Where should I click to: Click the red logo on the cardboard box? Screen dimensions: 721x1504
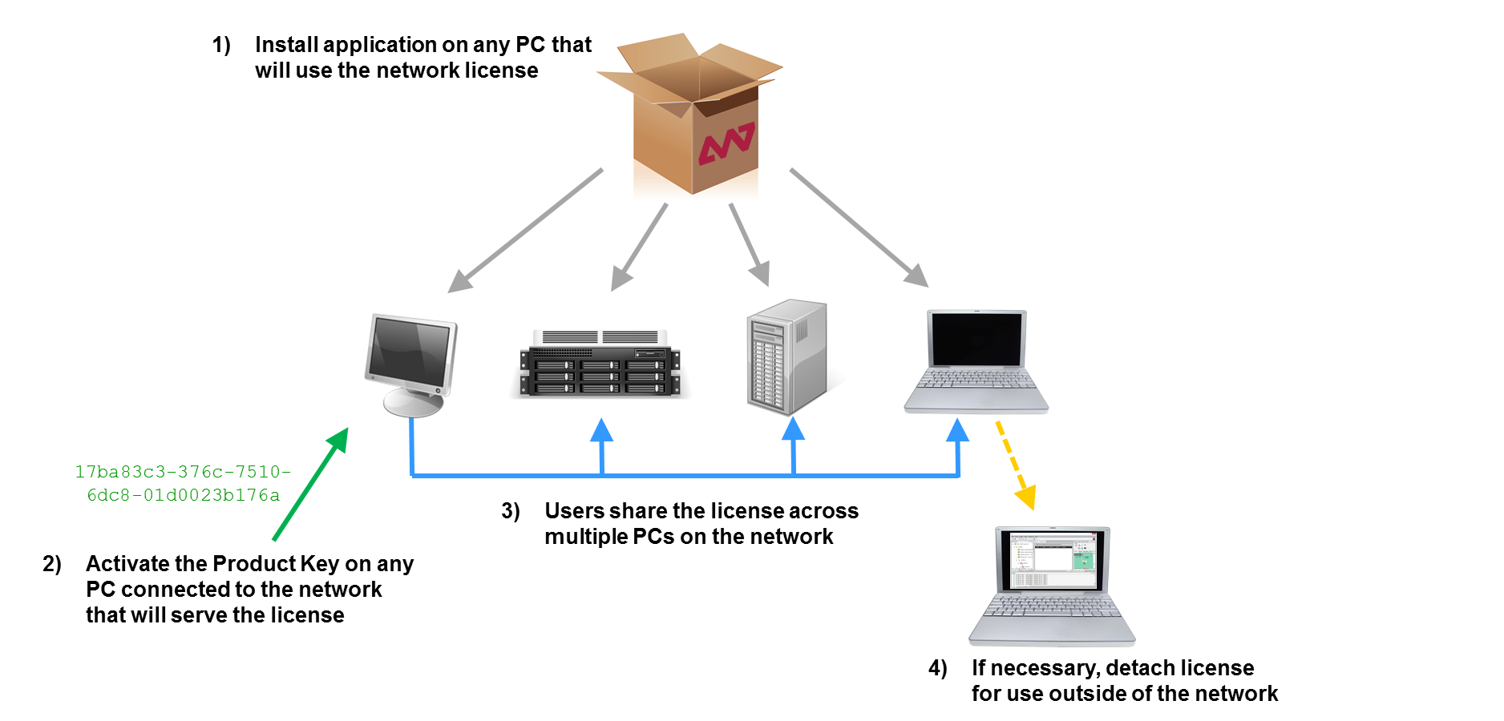[726, 143]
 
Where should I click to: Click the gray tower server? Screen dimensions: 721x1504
[786, 356]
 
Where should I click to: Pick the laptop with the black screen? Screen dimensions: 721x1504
[976, 360]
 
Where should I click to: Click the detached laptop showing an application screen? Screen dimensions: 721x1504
[1052, 585]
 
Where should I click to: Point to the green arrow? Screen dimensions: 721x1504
[310, 485]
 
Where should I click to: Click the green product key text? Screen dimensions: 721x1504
[183, 483]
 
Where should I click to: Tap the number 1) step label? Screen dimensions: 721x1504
[221, 45]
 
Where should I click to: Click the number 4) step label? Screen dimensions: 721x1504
[937, 668]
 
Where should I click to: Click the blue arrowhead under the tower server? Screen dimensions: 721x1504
[793, 430]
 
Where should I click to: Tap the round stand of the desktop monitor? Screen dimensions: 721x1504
[413, 402]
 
